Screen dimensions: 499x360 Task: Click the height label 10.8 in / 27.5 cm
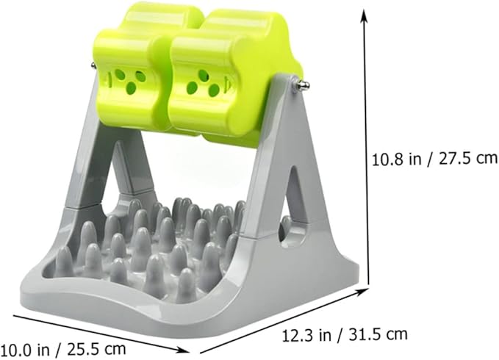435,159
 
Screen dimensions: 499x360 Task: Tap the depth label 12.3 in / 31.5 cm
345,334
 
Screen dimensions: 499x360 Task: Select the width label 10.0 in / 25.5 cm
63,350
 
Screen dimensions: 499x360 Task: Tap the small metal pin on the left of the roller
93,65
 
